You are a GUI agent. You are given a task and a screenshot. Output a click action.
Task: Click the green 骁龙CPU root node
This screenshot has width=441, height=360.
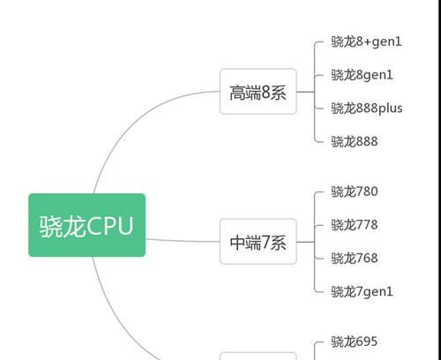[x=86, y=225]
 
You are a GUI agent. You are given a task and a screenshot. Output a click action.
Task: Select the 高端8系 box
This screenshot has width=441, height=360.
[x=258, y=92]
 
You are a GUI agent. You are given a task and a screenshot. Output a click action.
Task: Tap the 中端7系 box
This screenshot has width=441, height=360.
[x=258, y=242]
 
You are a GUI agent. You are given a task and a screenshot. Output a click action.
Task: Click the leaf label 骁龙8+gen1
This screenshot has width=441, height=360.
[x=366, y=41]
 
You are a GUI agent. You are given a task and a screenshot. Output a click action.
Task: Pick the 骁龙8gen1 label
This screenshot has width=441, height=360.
[x=362, y=75]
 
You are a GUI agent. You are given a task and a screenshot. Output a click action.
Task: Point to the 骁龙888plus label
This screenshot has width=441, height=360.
[x=367, y=109]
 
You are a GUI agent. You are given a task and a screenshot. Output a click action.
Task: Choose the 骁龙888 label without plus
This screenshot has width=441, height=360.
[x=355, y=141]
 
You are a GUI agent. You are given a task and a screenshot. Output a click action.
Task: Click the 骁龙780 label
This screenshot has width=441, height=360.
[x=355, y=191]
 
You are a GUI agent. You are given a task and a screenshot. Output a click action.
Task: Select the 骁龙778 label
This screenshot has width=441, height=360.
[x=355, y=225]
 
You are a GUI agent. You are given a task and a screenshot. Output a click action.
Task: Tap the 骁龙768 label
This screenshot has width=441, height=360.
[x=355, y=259]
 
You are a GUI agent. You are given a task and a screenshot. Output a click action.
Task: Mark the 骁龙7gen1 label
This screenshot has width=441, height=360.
[x=362, y=292]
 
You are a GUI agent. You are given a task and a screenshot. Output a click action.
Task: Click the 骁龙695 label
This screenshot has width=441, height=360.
[x=354, y=341]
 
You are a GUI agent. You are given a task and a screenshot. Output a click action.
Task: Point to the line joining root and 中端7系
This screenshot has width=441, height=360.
[x=183, y=241]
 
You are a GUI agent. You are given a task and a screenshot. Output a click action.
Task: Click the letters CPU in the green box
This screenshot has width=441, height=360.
[x=110, y=226]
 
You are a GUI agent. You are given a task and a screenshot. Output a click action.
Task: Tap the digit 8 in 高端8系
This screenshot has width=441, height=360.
[x=265, y=92]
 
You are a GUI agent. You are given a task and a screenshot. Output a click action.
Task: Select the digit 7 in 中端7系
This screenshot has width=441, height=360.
[x=265, y=242]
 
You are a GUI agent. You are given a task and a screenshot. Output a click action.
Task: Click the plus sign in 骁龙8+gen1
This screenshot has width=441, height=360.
[x=368, y=42]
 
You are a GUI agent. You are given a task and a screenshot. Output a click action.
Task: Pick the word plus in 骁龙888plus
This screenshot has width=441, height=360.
[x=390, y=109]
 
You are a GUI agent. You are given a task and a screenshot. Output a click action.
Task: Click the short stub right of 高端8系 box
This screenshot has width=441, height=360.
[x=305, y=92]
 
